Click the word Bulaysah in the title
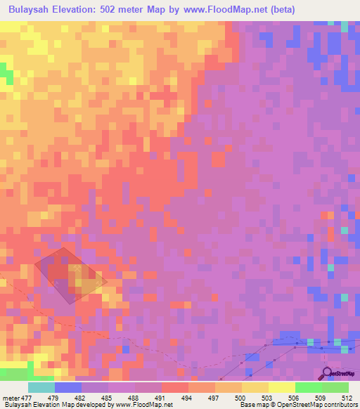click(32, 11)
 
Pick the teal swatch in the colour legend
click(41, 387)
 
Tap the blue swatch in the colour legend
click(67, 387)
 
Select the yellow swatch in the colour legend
click(281, 387)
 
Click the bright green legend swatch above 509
click(308, 387)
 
